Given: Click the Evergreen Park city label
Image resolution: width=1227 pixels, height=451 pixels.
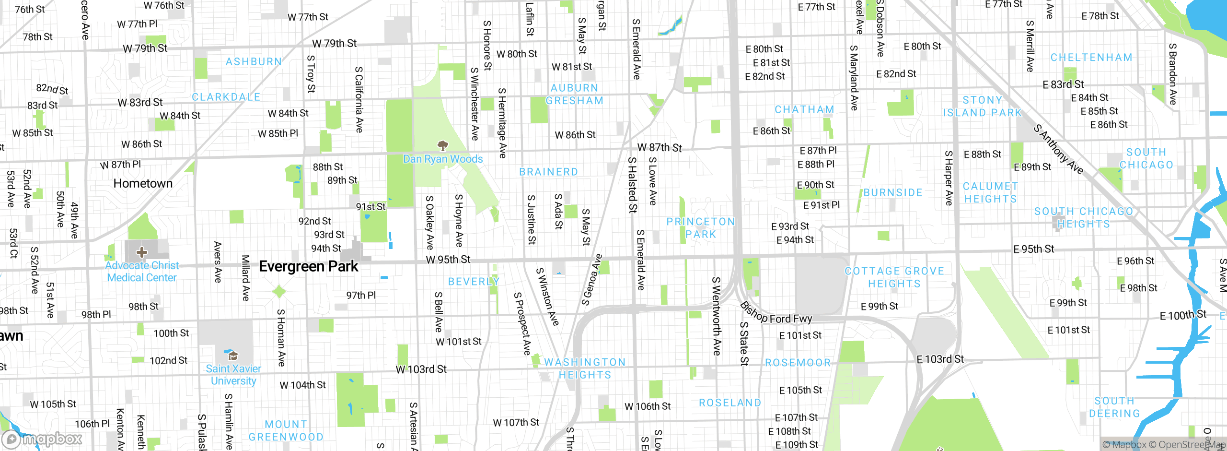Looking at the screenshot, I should [x=308, y=267].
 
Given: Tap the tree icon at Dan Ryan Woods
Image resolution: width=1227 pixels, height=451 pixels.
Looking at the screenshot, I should [x=443, y=145].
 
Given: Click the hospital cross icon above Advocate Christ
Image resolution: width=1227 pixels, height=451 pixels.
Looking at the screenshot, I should [x=141, y=252].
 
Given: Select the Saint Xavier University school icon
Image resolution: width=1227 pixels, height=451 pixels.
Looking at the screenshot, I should [x=233, y=356].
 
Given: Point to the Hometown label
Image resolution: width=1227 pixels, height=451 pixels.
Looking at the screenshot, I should [x=143, y=184].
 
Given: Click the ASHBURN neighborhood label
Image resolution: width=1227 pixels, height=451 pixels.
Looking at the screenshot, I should [x=254, y=62].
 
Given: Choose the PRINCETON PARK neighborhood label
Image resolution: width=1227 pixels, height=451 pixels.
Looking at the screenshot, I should [x=700, y=228].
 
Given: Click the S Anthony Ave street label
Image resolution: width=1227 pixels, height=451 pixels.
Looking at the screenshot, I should [x=1058, y=149].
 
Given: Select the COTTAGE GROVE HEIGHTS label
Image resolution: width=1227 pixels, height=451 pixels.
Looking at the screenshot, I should [x=894, y=277].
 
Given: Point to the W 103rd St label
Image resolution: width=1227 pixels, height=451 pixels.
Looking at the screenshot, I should [x=421, y=369].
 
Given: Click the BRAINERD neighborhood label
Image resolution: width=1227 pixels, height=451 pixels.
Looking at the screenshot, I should [x=548, y=172].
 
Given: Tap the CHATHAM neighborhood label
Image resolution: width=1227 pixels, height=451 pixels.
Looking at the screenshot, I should [x=804, y=110].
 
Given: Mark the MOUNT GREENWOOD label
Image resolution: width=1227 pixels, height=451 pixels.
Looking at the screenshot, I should [x=286, y=430].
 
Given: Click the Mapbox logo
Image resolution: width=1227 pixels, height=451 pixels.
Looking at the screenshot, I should [x=42, y=439].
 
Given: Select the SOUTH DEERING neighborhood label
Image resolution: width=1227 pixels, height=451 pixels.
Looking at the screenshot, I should [x=1114, y=407].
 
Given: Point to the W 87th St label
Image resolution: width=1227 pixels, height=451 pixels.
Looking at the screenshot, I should [x=659, y=148].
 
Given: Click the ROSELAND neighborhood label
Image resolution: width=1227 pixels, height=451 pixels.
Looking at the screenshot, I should [x=729, y=403].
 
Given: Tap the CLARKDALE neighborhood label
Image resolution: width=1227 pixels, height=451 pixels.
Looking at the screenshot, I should [x=226, y=97].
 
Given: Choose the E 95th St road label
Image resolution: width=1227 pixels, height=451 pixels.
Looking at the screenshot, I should [x=1033, y=249].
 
